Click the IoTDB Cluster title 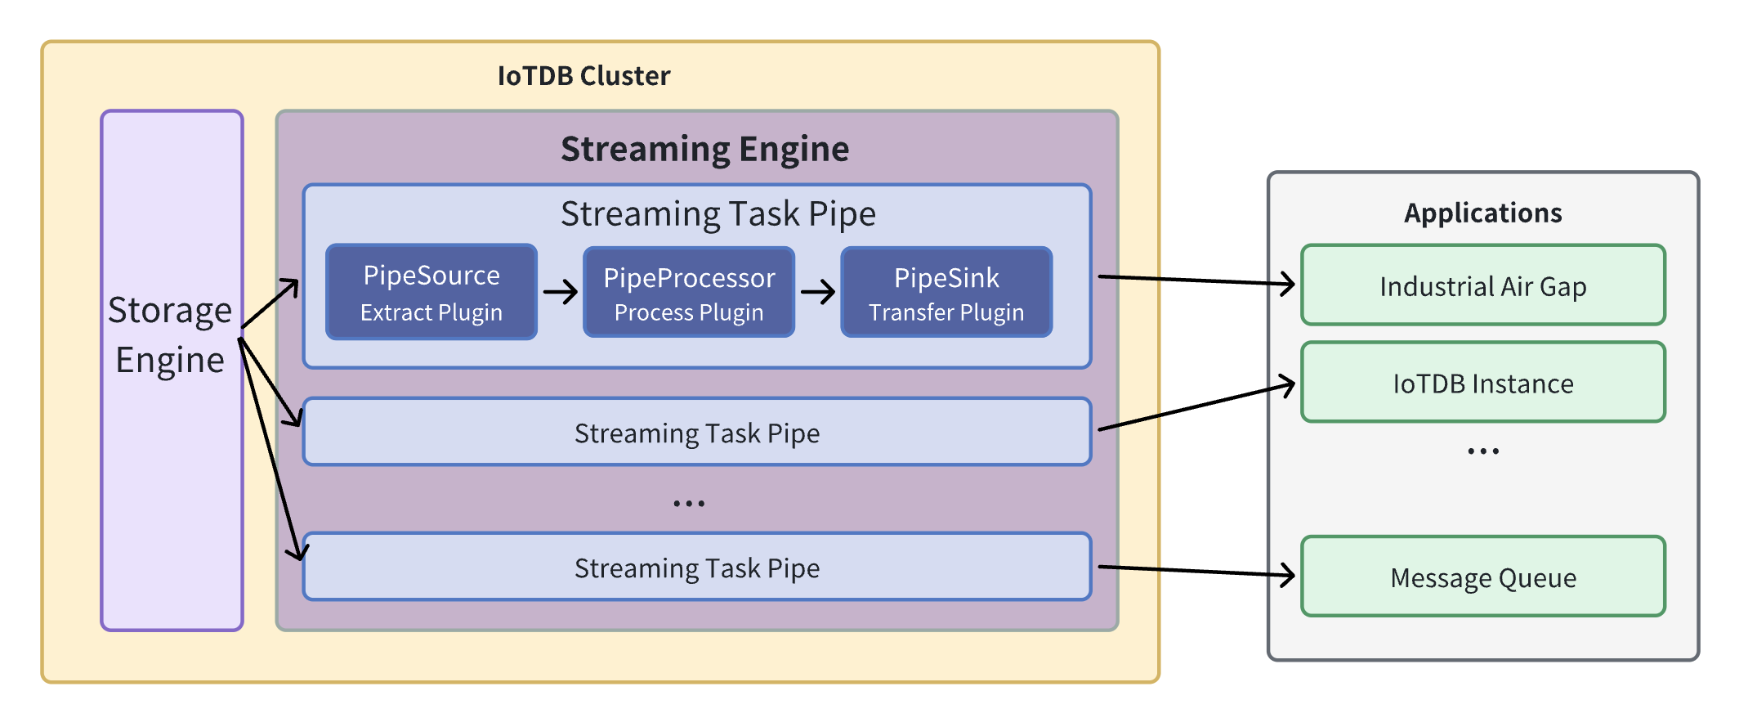coord(583,76)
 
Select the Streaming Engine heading coord(704,150)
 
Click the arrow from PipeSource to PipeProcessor coord(561,292)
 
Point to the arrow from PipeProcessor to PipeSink coord(818,292)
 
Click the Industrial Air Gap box coord(1482,285)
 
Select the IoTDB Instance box coord(1482,383)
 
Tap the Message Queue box coord(1482,577)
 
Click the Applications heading coord(1482,213)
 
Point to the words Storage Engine coord(170,335)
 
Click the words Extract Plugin coord(431,313)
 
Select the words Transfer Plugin coord(946,313)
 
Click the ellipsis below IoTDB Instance coord(1482,451)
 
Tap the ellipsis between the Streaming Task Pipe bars coord(689,504)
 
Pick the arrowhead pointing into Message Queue coord(1289,575)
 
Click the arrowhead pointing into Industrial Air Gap coord(1289,285)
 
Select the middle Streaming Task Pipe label coord(696,433)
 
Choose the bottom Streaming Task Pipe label coord(696,568)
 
